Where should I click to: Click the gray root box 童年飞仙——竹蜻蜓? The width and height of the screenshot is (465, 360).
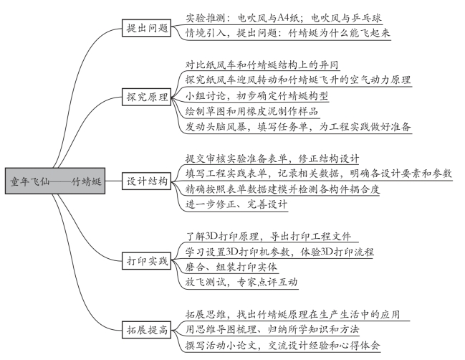coord(55,181)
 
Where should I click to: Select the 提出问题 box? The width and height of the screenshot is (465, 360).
coord(146,28)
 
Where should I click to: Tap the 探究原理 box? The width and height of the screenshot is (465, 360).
coord(146,97)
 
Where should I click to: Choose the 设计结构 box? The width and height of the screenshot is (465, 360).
coord(146,181)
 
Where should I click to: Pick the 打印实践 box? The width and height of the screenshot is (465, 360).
coord(146,260)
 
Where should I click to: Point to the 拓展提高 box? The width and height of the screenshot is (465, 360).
coord(146,329)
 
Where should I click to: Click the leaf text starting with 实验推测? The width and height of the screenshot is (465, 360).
coord(284,18)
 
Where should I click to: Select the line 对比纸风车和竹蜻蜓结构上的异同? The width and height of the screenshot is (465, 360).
coord(262,65)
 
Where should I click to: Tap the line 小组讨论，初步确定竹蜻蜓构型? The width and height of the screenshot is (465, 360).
coord(257,95)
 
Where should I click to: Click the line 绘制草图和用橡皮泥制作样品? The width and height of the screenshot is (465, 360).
coord(251,111)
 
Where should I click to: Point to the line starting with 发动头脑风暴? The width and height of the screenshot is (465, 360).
coord(298,127)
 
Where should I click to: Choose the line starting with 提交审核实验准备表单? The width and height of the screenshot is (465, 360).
coord(272,158)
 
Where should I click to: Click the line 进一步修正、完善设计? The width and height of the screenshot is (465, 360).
coord(236,204)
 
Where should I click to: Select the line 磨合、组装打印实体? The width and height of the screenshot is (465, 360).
coord(231,267)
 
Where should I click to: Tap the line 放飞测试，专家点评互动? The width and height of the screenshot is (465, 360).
coord(241,282)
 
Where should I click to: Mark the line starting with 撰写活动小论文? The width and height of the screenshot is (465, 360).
coord(282,345)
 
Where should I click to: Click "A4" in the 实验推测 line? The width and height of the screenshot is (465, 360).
coord(284,19)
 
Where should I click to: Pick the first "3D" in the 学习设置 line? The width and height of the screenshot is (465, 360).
coord(232,252)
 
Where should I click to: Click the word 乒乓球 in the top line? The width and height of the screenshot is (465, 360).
coord(367,18)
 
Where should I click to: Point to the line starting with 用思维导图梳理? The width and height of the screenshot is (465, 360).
coord(272,329)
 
